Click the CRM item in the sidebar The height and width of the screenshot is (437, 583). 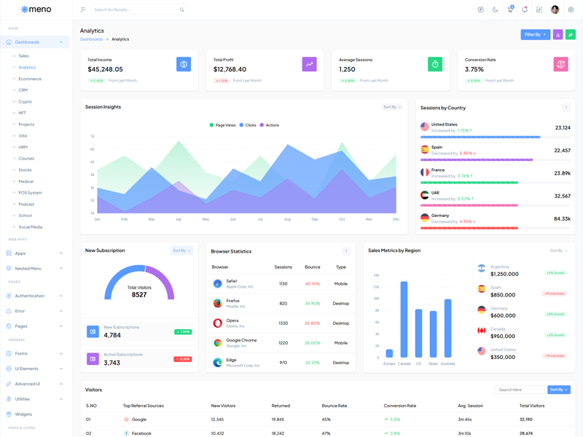click(23, 90)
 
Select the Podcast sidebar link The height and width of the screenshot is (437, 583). click(26, 204)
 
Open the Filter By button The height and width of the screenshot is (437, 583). click(535, 34)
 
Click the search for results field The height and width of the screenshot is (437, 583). click(135, 9)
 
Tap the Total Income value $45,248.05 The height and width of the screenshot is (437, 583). click(105, 69)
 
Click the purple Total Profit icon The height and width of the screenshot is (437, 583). click(309, 64)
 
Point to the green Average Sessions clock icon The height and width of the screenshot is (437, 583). click(435, 64)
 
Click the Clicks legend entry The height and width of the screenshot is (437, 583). click(248, 125)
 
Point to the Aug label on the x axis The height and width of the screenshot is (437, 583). click(287, 219)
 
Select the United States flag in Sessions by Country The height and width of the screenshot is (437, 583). click(425, 127)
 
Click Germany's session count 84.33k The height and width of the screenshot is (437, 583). click(562, 219)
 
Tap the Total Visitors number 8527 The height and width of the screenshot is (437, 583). click(139, 295)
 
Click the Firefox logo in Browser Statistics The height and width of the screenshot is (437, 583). click(217, 303)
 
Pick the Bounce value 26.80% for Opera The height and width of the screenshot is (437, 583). click(312, 323)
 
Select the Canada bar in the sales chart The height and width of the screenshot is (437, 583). click(404, 319)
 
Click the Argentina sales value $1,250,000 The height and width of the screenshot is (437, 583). click(504, 274)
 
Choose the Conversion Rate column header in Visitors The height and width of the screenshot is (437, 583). click(399, 406)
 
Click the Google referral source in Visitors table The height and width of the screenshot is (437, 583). click(138, 420)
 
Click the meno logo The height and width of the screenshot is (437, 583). click(36, 9)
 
